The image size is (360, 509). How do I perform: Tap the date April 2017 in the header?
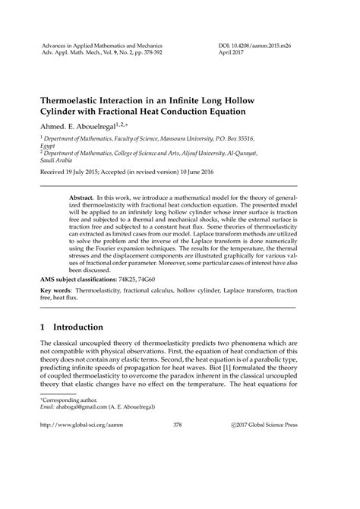point(231,55)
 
